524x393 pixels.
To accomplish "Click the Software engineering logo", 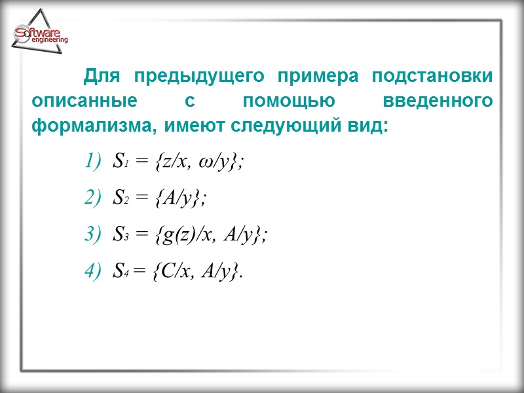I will tap(40, 37).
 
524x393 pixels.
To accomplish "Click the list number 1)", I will tap(94, 162).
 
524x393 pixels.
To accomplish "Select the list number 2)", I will tap(94, 199).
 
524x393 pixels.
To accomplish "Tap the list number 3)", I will tap(94, 236).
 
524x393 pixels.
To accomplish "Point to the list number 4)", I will tap(94, 272).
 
